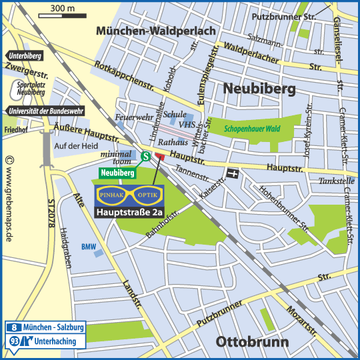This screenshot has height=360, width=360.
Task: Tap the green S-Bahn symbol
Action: pos(145,157)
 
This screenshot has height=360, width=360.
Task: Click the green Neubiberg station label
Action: pos(117,173)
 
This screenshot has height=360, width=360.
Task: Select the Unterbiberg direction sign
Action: pos(27,56)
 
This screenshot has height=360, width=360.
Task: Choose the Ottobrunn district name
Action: pos(251,343)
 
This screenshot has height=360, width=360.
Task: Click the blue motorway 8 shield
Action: pos(15,328)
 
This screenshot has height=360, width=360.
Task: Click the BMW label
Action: pos(89,246)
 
